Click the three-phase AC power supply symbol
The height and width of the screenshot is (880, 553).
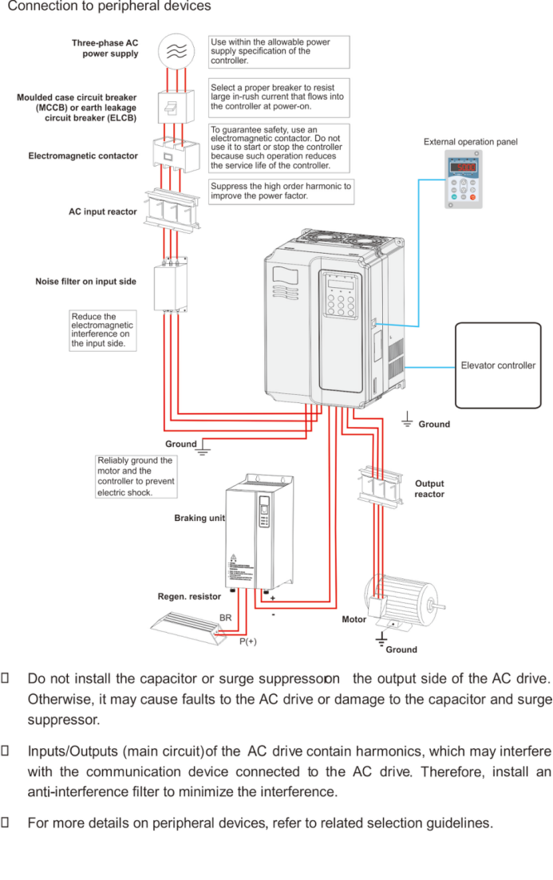[176, 50]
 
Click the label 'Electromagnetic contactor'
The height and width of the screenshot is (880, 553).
[83, 156]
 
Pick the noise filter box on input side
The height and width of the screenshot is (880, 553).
[170, 283]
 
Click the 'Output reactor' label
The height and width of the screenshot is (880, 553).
[429, 489]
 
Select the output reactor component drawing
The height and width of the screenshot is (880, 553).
[378, 484]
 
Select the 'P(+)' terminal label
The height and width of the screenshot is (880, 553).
[248, 641]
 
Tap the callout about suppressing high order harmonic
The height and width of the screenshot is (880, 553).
[280, 191]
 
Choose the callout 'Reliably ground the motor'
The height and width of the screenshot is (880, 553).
[136, 476]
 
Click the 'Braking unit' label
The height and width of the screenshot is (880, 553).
[199, 519]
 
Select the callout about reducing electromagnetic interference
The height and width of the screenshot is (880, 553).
[102, 330]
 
